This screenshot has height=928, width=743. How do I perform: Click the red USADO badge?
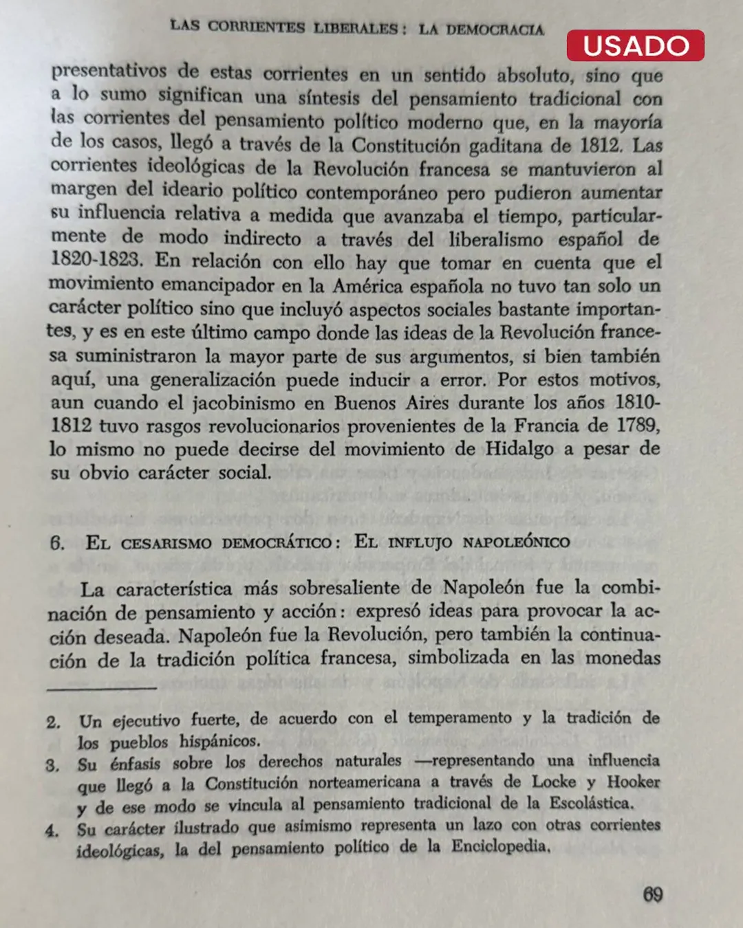click(x=636, y=45)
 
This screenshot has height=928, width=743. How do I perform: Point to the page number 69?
click(x=652, y=894)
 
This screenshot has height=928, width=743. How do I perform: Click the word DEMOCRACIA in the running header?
click(x=495, y=30)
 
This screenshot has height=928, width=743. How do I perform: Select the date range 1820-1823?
click(x=96, y=260)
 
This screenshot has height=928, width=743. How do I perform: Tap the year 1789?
click(x=638, y=425)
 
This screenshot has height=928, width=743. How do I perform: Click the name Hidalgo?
click(x=519, y=449)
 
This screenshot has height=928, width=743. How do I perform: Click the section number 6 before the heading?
click(x=57, y=543)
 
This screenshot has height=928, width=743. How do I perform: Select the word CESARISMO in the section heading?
click(x=166, y=543)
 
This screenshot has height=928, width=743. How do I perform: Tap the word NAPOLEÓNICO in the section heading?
click(x=516, y=542)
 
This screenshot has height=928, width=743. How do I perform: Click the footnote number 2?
click(x=54, y=722)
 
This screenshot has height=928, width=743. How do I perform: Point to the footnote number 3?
click(x=53, y=765)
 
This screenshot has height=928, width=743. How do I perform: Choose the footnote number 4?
click(x=52, y=830)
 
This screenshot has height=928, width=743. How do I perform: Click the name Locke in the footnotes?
click(x=554, y=782)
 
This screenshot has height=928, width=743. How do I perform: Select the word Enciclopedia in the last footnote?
click(x=500, y=846)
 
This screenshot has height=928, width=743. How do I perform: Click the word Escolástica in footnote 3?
click(x=590, y=803)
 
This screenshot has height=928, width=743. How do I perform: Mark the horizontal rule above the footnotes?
click(x=102, y=687)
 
